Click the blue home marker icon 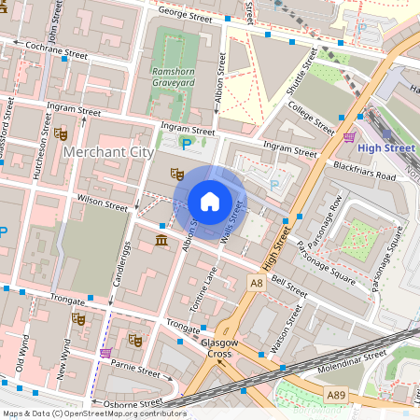[x=210, y=201]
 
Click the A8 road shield [x=256, y=282]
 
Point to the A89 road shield [x=337, y=397]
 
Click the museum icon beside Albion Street [x=162, y=243]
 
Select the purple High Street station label [x=385, y=147]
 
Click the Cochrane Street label [x=56, y=49]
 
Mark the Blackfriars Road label [x=364, y=170]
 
